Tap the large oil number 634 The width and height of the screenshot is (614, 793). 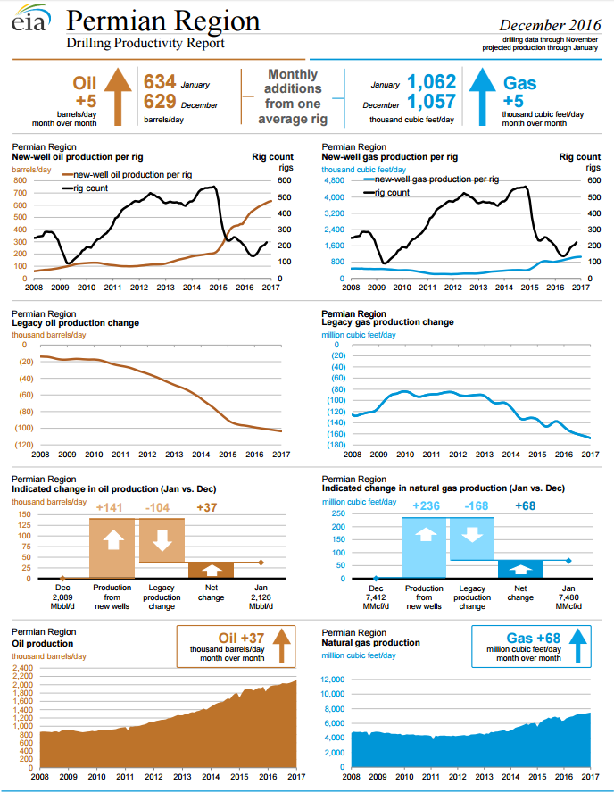tap(160, 82)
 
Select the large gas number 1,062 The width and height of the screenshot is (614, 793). tap(431, 82)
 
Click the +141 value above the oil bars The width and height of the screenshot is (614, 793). tap(110, 508)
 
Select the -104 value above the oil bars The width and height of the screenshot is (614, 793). tap(161, 508)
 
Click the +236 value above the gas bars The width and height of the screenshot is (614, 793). tap(425, 507)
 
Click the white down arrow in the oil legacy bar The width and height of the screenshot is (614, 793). tap(162, 541)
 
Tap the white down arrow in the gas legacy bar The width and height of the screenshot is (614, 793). tap(472, 536)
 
